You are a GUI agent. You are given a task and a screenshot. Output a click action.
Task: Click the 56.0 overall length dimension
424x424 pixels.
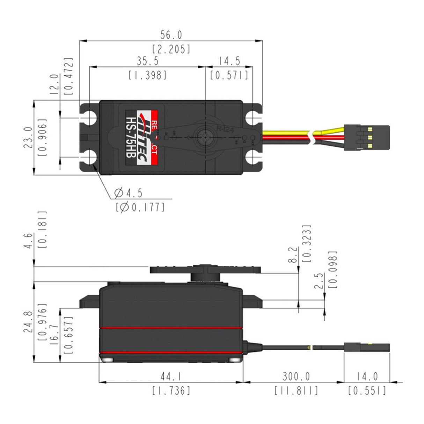pyautogui.click(x=171, y=35)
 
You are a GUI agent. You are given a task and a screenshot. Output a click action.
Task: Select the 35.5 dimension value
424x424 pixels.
pyautogui.click(x=147, y=61)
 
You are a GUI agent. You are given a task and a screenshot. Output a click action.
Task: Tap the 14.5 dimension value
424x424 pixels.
pyautogui.click(x=229, y=61)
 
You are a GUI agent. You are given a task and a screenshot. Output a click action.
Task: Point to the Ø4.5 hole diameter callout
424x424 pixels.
pyautogui.click(x=129, y=193)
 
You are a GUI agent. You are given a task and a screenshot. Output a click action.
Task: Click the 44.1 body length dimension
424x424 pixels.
pyautogui.click(x=171, y=377)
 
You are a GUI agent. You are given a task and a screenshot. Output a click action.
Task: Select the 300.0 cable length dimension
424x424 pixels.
pyautogui.click(x=296, y=377)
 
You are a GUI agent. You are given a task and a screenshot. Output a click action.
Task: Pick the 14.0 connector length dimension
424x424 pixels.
pyautogui.click(x=367, y=377)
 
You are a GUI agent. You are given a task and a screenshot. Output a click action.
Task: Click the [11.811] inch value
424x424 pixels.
pyautogui.click(x=296, y=390)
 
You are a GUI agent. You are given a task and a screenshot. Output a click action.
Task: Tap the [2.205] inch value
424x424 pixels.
pyautogui.click(x=171, y=49)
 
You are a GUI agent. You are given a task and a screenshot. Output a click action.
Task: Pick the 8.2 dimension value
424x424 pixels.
pyautogui.click(x=293, y=255)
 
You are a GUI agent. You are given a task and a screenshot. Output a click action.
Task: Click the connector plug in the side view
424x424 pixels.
pyautogui.click(x=366, y=348)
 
